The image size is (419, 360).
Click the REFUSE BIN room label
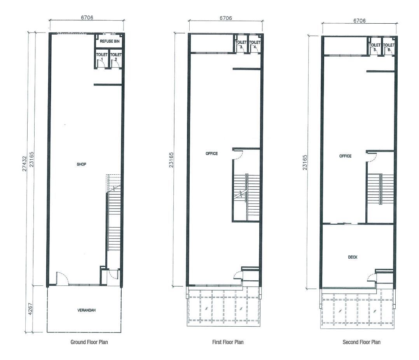[x=110, y=42]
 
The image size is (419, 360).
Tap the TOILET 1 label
[x=102, y=56]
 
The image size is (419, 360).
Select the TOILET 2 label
[x=116, y=56]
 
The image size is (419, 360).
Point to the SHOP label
[x=82, y=164]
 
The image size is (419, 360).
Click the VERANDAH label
[x=86, y=310]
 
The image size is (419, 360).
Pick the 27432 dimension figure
[x=24, y=164]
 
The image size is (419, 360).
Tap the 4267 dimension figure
[x=30, y=309]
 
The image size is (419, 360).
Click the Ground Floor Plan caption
[x=89, y=342]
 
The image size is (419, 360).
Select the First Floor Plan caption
[x=228, y=342]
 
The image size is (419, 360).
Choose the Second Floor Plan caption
[x=361, y=342]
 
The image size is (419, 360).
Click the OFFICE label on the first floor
[x=211, y=153]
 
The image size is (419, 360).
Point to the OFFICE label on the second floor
[x=345, y=156]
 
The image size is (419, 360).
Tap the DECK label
[x=353, y=257]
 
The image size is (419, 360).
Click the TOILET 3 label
[x=241, y=44]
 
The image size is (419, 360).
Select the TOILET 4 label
[x=255, y=44]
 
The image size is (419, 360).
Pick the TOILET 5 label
[x=375, y=47]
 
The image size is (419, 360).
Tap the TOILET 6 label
[x=389, y=47]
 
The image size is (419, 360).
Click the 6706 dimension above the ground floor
[x=87, y=17]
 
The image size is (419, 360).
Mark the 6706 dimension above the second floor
[x=360, y=21]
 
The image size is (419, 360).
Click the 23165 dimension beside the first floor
[x=171, y=160]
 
